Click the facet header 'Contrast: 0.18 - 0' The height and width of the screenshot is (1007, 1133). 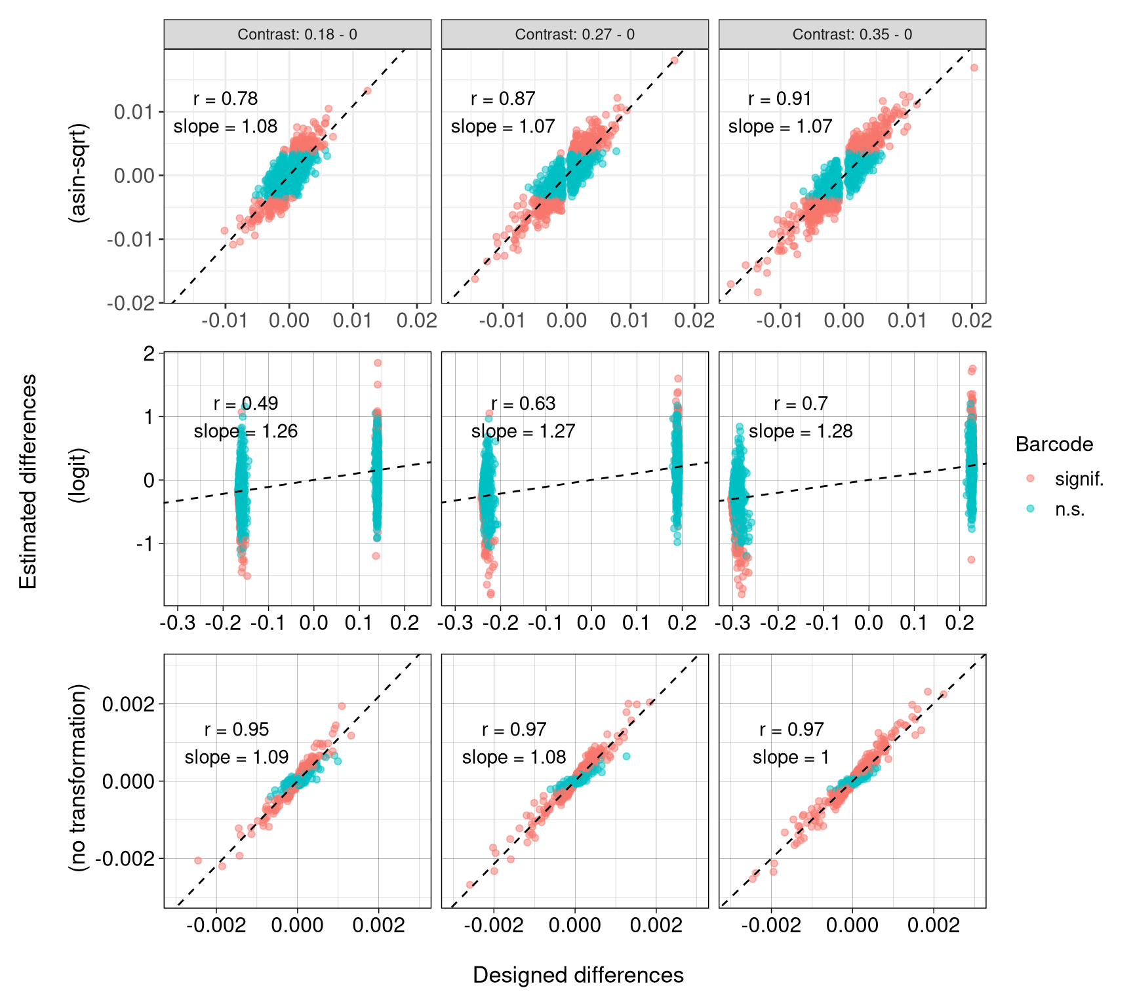pyautogui.click(x=297, y=34)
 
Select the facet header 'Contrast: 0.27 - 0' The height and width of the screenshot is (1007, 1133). pyautogui.click(x=574, y=34)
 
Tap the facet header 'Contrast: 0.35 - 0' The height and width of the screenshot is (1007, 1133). pyautogui.click(x=852, y=34)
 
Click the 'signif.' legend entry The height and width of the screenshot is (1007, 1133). pyautogui.click(x=1079, y=479)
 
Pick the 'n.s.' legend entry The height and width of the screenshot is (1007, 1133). pyautogui.click(x=1069, y=509)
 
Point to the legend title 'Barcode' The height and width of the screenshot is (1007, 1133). pyautogui.click(x=1054, y=444)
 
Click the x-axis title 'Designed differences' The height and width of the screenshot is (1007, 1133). pyautogui.click(x=578, y=975)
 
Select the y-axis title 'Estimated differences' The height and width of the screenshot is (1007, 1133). pyautogui.click(x=28, y=481)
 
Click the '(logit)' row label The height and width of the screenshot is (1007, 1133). pyautogui.click(x=79, y=475)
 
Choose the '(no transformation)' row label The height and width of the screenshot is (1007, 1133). pyautogui.click(x=79, y=778)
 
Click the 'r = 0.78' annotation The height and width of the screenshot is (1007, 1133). pyautogui.click(x=226, y=99)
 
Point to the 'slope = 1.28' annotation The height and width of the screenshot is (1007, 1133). pyautogui.click(x=801, y=431)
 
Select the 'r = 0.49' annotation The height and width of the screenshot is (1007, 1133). pyautogui.click(x=246, y=404)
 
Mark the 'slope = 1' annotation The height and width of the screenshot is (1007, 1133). pyautogui.click(x=791, y=758)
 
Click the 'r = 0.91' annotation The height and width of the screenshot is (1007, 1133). pyautogui.click(x=780, y=99)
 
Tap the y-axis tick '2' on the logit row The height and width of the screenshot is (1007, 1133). pyautogui.click(x=149, y=354)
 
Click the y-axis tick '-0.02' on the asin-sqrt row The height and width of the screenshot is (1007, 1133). pyautogui.click(x=131, y=303)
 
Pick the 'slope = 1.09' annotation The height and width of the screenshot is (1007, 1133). pyautogui.click(x=236, y=758)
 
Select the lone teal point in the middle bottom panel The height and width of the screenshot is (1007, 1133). pyautogui.click(x=626, y=757)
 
